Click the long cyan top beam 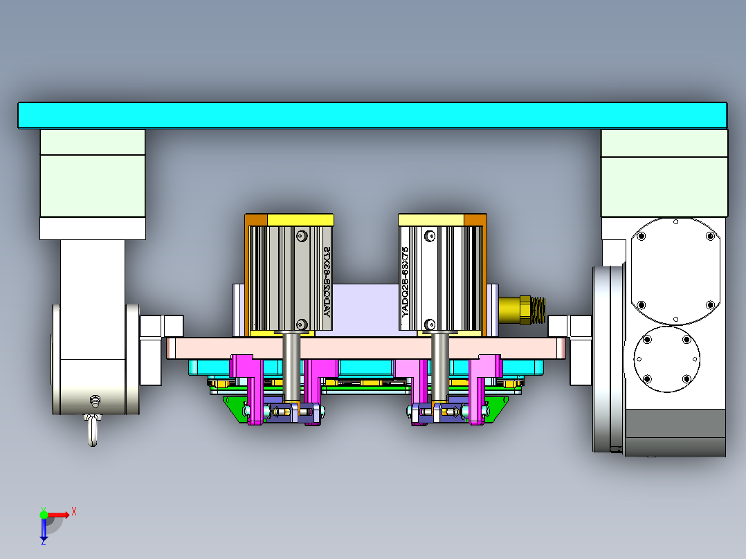pyautogui.click(x=372, y=115)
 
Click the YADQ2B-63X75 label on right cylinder pyautogui.click(x=406, y=281)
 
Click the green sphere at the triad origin pyautogui.click(x=44, y=514)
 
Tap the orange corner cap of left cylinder pyautogui.click(x=255, y=219)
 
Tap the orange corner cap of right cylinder pyautogui.click(x=475, y=219)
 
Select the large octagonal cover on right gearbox pyautogui.click(x=675, y=270)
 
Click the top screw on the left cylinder pyautogui.click(x=301, y=236)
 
